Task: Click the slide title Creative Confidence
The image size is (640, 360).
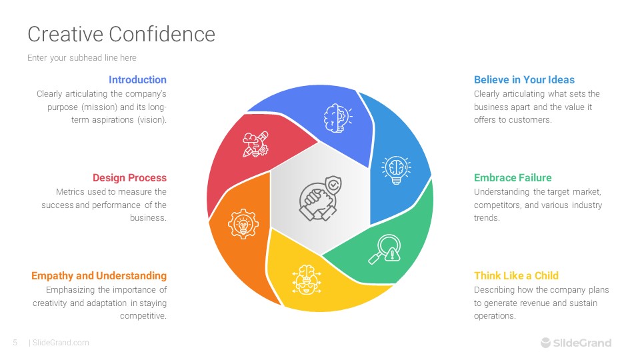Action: tap(121, 34)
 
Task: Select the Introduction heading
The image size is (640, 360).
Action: tap(137, 79)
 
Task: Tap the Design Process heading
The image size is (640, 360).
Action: tap(129, 177)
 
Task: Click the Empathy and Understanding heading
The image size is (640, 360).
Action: tap(99, 276)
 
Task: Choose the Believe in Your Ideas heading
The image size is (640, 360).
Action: tap(524, 79)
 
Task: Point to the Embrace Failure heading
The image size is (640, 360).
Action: tap(513, 177)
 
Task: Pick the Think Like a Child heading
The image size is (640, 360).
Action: tap(516, 275)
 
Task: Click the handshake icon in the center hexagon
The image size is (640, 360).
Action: tap(320, 199)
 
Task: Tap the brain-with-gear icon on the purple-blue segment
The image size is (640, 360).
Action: tap(337, 118)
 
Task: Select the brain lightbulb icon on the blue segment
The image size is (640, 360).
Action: tap(396, 170)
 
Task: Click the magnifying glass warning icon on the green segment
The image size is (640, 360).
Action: tap(385, 249)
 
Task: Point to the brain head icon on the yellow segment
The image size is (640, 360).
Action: tap(307, 279)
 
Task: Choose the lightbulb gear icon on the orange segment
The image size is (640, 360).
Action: tap(243, 224)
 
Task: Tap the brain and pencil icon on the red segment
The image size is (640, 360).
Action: tap(255, 144)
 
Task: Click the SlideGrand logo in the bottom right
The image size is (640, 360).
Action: tap(576, 343)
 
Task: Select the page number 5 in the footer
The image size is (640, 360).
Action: tap(15, 343)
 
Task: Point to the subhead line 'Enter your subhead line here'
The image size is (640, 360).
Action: tap(81, 57)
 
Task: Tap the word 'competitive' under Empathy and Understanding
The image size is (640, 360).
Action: tap(143, 316)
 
